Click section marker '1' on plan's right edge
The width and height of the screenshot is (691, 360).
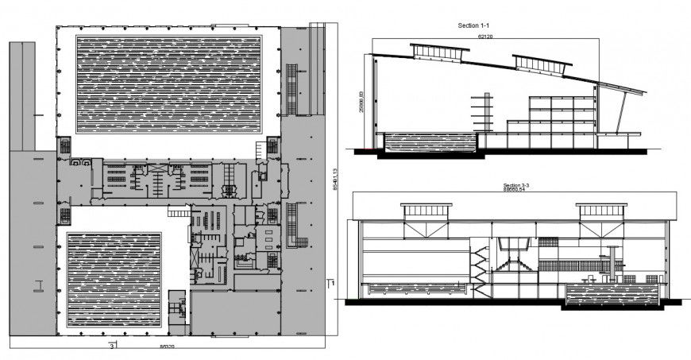(x=334, y=282)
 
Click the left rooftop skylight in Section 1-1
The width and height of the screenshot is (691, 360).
(x=439, y=52)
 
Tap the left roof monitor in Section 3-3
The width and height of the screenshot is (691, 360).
(x=427, y=211)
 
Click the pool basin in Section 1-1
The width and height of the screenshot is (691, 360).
(x=430, y=143)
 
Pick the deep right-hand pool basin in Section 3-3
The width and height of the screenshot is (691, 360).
(x=612, y=296)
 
